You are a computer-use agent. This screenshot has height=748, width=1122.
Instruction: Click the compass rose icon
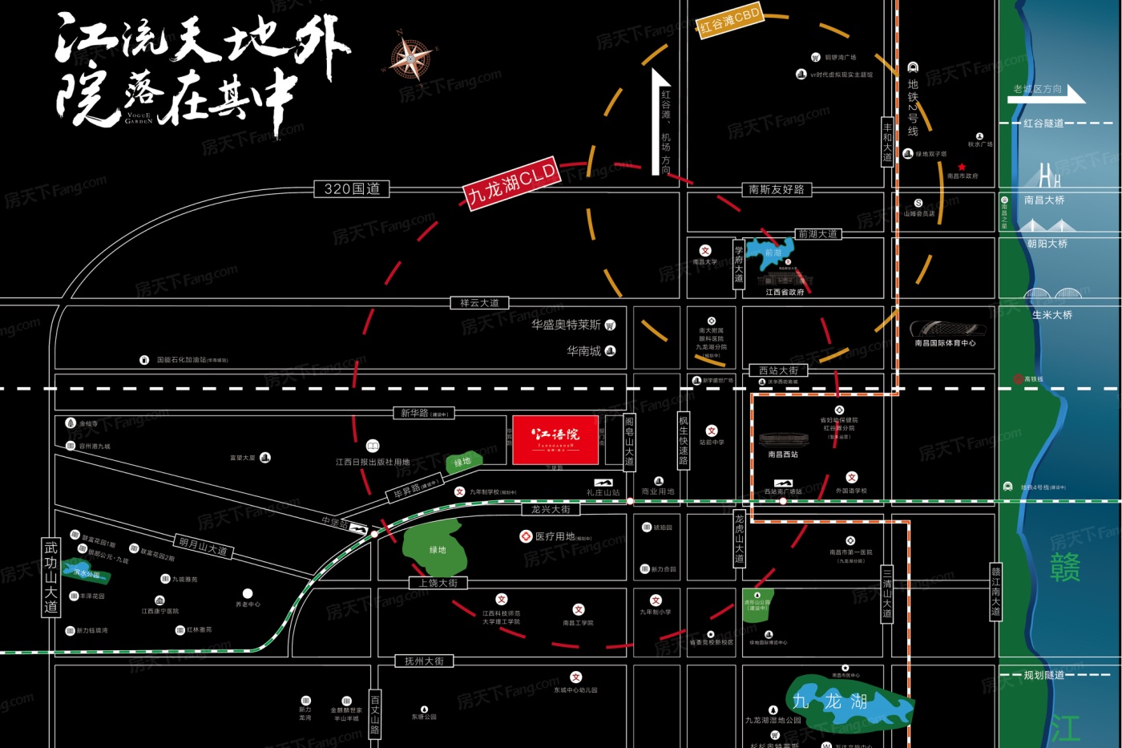click(x=411, y=58)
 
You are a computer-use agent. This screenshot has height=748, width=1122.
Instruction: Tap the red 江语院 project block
click(x=555, y=439)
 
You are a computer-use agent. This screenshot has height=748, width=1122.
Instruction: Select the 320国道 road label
click(x=352, y=189)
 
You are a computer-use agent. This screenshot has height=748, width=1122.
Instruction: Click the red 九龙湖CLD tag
click(x=511, y=184)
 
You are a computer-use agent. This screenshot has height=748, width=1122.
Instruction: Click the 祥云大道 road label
click(x=479, y=303)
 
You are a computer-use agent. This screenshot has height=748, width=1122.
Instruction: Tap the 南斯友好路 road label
click(x=776, y=190)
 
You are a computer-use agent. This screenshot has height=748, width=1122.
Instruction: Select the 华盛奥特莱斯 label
click(x=566, y=325)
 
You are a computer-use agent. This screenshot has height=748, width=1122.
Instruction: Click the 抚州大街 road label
click(x=424, y=661)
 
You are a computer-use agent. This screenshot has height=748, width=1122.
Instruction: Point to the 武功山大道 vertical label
click(x=51, y=577)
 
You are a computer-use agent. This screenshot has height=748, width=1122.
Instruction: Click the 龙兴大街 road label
click(x=551, y=510)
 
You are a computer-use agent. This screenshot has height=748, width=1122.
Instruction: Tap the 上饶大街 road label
click(x=438, y=584)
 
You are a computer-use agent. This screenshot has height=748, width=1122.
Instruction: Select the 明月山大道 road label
click(x=203, y=547)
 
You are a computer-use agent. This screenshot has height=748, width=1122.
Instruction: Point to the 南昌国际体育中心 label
click(x=945, y=343)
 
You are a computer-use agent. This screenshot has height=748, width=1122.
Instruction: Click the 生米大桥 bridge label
click(x=1051, y=315)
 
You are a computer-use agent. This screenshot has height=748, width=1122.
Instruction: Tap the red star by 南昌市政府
click(x=962, y=167)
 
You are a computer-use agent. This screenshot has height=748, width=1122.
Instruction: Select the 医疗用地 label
click(x=555, y=536)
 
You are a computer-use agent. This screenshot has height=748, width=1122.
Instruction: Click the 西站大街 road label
click(x=778, y=371)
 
